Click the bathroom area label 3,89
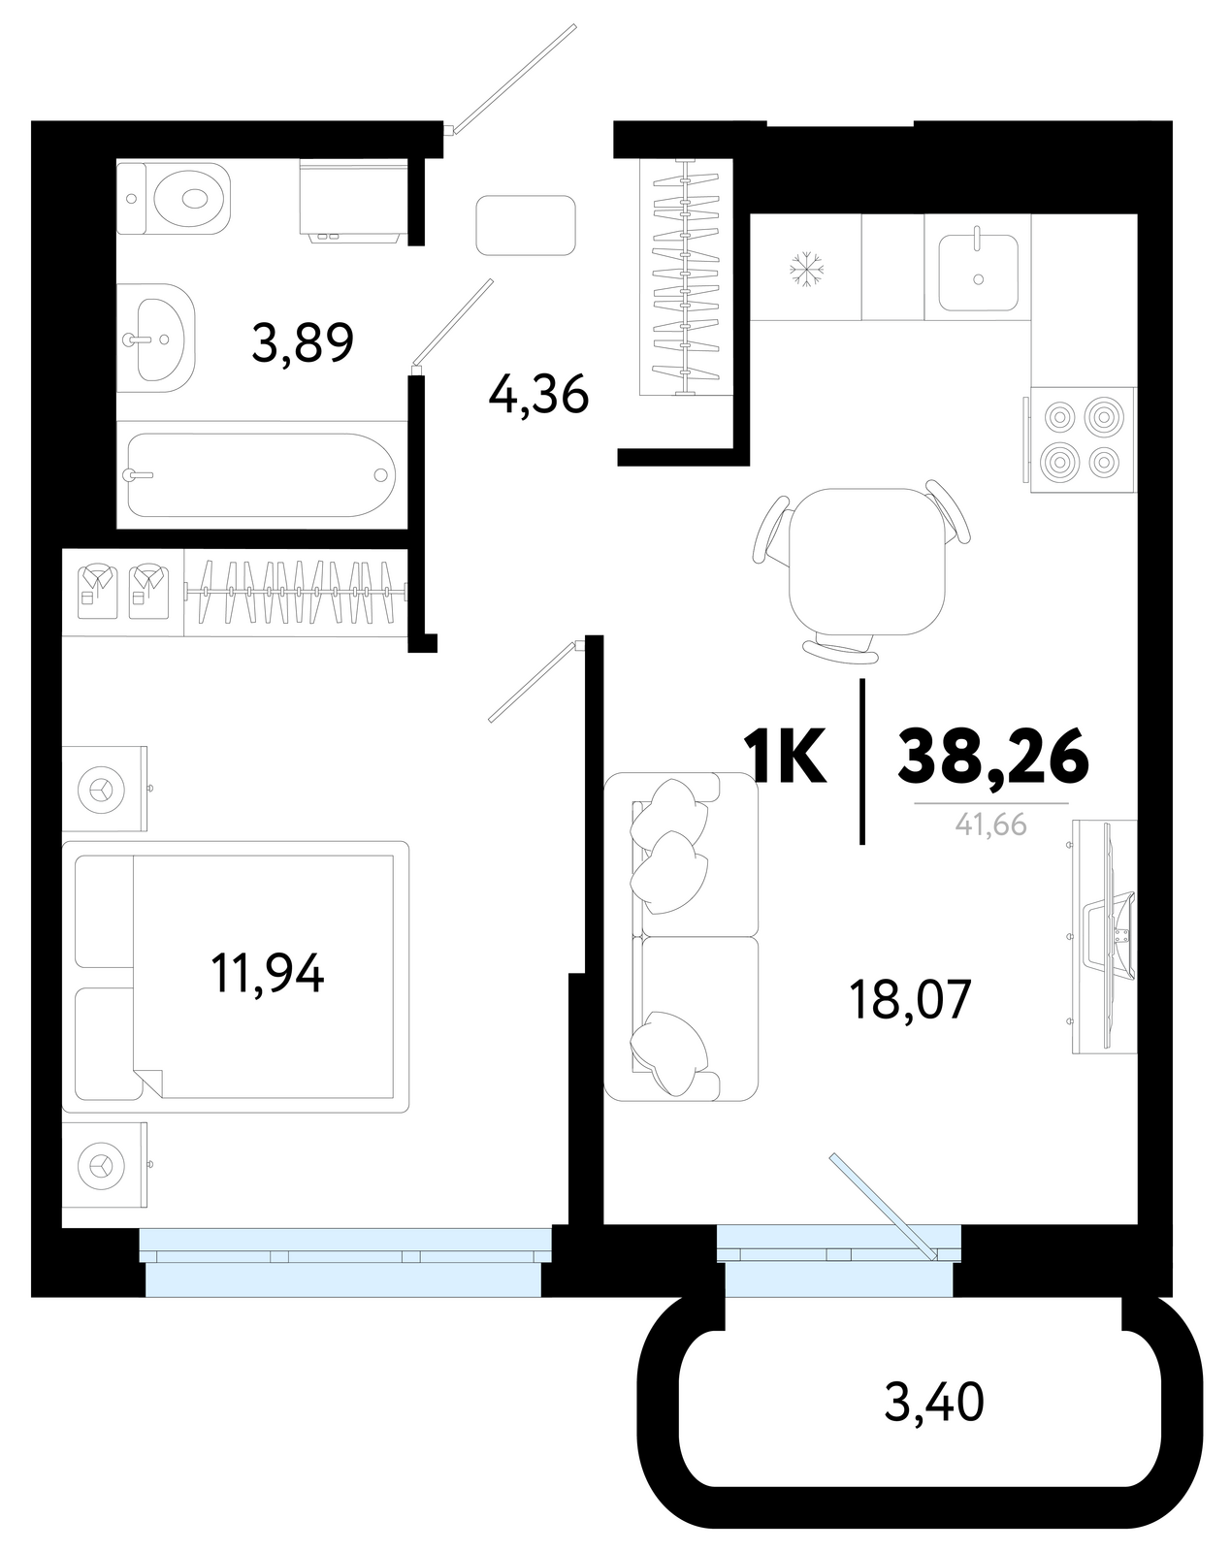click(302, 341)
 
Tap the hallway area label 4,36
click(538, 395)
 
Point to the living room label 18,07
click(910, 999)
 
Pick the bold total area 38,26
click(992, 756)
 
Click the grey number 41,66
click(990, 824)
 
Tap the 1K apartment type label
click(785, 755)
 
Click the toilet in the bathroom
click(174, 198)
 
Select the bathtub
click(261, 474)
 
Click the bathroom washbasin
click(156, 338)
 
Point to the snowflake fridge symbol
click(806, 269)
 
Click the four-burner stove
click(1081, 440)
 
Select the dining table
click(867, 562)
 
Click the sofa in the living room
click(681, 936)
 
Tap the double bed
click(235, 977)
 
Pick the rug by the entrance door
click(526, 225)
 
